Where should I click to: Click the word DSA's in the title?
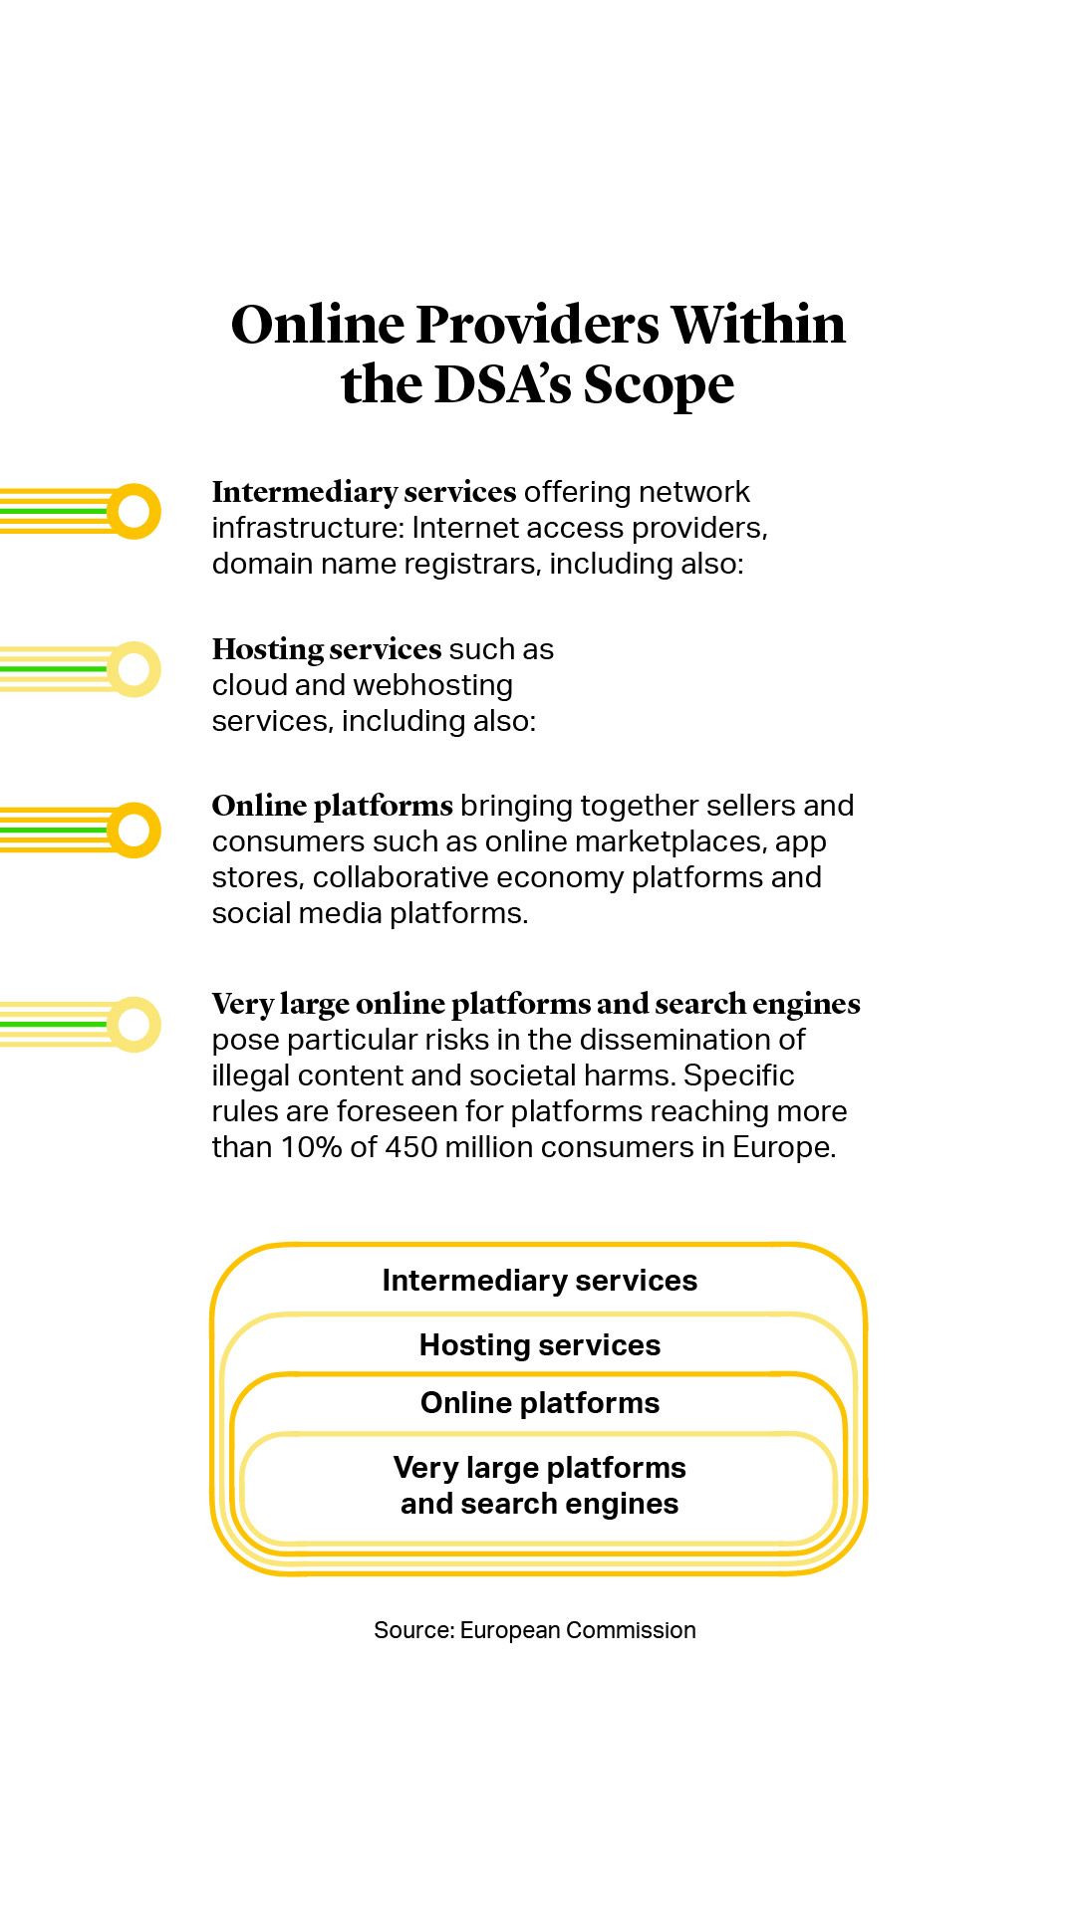pyautogui.click(x=502, y=384)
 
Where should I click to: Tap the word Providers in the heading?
pyautogui.click(x=537, y=325)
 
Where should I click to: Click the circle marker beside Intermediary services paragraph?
pyautogui.click(x=134, y=511)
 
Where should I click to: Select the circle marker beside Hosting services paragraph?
pyautogui.click(x=134, y=669)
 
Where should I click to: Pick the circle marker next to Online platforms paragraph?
pyautogui.click(x=134, y=830)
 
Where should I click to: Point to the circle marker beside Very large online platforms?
pyautogui.click(x=134, y=1024)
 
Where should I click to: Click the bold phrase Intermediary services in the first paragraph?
pyautogui.click(x=364, y=492)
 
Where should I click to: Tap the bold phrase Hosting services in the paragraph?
pyautogui.click(x=326, y=649)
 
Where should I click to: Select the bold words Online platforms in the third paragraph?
pyautogui.click(x=332, y=806)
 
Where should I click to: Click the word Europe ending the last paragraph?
pyautogui.click(x=782, y=1147)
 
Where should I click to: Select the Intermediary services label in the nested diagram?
pyautogui.click(x=539, y=1281)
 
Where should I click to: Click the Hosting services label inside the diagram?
pyautogui.click(x=539, y=1345)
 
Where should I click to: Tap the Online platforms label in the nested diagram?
pyautogui.click(x=539, y=1403)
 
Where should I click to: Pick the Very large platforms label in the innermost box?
pyautogui.click(x=539, y=1468)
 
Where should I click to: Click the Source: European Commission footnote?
pyautogui.click(x=534, y=1630)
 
